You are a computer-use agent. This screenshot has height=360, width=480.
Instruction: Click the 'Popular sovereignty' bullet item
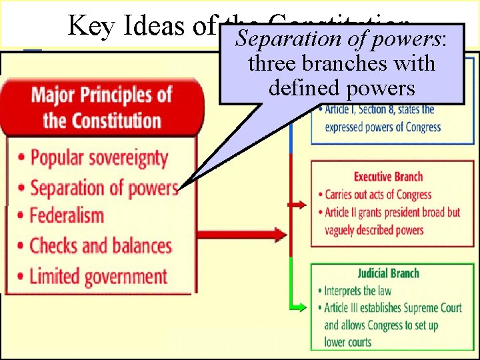99,158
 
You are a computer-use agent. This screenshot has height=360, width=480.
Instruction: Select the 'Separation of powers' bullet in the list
104,187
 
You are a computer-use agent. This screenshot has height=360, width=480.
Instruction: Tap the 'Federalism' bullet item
67,216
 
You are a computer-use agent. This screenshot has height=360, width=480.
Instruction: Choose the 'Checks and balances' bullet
100,245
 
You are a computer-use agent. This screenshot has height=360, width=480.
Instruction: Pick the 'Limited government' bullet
98,275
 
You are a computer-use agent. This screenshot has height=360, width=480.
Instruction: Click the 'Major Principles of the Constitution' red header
102,107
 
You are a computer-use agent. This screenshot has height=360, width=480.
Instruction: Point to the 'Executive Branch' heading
388,177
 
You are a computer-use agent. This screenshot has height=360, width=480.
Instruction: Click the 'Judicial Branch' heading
388,273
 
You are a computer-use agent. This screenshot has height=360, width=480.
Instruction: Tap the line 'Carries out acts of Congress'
378,195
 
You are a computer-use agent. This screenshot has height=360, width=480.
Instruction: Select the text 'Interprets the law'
358,291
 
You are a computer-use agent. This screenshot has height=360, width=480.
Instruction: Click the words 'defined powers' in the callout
341,87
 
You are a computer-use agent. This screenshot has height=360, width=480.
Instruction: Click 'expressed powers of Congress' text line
383,127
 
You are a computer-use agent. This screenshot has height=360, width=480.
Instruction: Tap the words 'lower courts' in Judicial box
347,342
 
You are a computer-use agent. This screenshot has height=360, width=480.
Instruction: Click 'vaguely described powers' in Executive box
374,230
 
